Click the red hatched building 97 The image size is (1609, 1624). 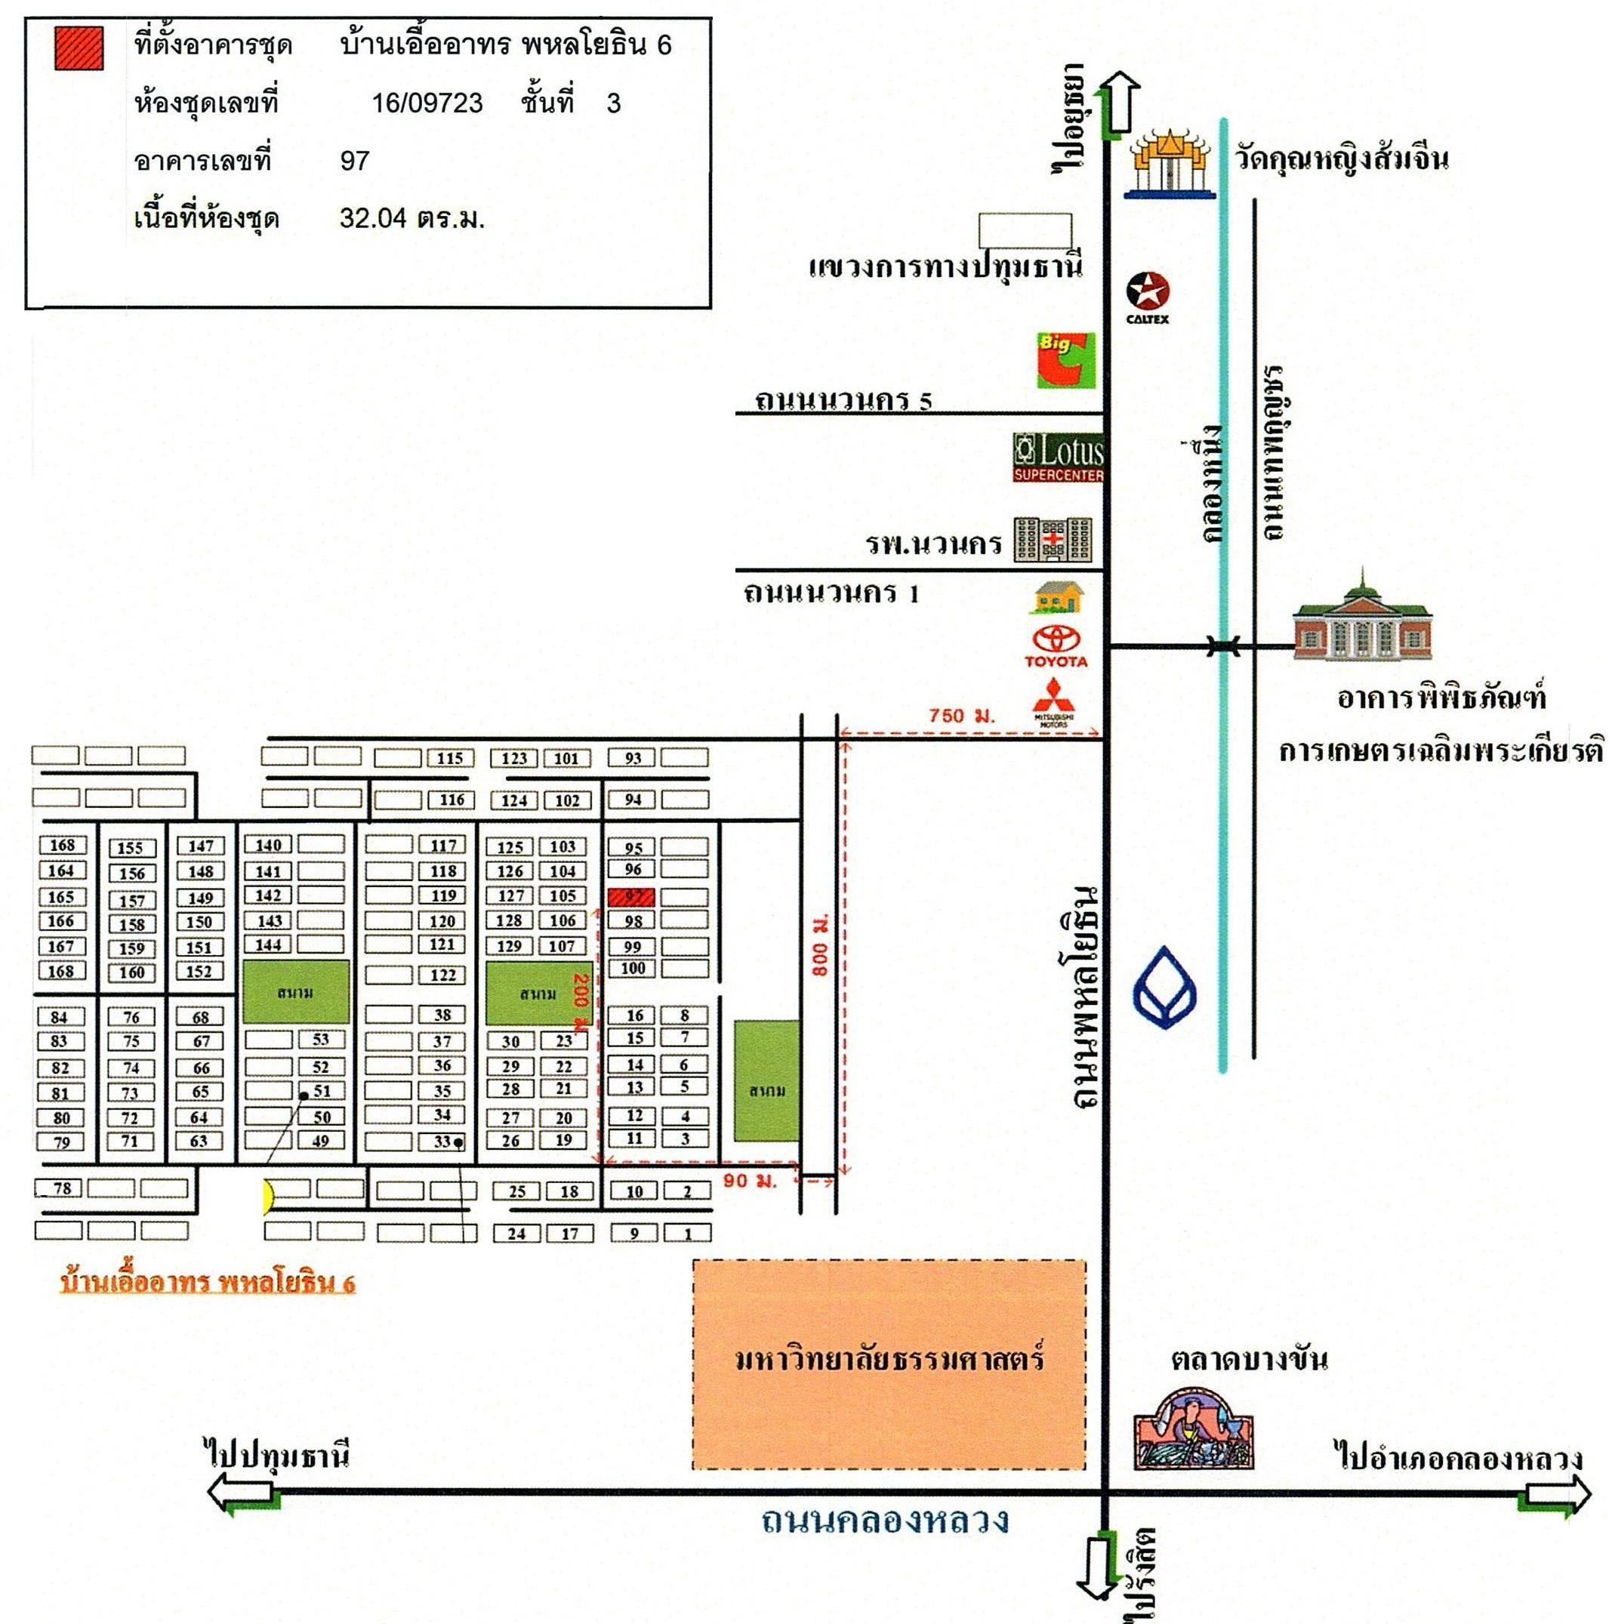[x=632, y=896]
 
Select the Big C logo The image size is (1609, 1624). [x=1065, y=361]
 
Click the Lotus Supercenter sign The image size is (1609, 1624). [x=1058, y=458]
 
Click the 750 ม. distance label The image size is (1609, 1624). [x=961, y=715]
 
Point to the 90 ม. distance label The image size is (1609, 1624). [x=749, y=1180]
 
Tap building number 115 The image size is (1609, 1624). [x=450, y=758]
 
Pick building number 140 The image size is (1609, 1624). [x=268, y=845]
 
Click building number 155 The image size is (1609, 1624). [x=131, y=848]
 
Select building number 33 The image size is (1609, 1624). [x=442, y=1142]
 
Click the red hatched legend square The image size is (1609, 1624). [x=79, y=48]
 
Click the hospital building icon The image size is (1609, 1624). [x=1053, y=539]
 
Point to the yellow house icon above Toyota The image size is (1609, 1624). [x=1057, y=598]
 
